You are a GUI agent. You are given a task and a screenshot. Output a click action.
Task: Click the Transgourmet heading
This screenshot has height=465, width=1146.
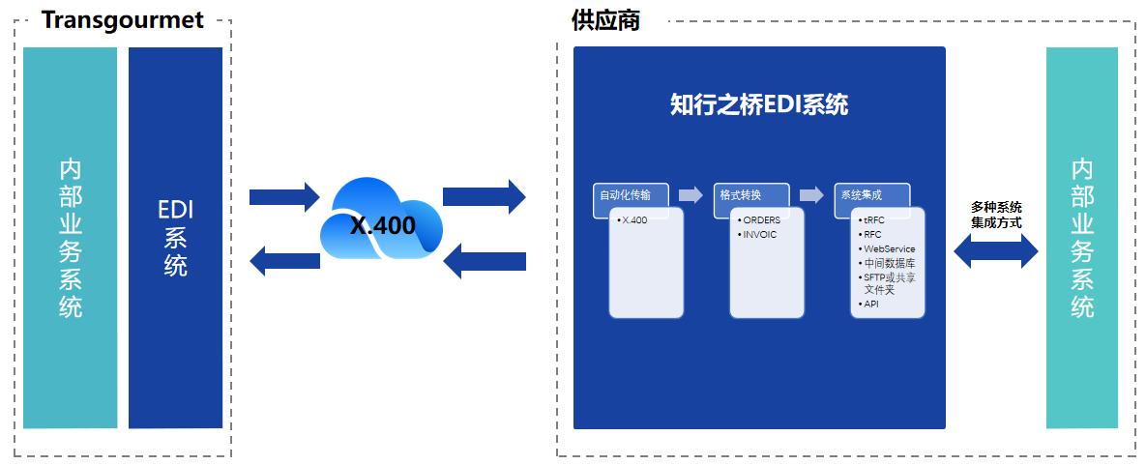point(122,20)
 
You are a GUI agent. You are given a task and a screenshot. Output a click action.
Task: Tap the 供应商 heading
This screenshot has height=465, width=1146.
point(605,20)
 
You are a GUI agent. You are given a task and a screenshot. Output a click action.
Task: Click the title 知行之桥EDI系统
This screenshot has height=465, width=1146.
point(759,104)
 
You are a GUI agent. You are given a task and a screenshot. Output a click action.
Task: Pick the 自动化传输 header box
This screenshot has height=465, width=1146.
point(631,195)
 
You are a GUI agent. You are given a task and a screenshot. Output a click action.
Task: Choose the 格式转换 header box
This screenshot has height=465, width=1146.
point(751,195)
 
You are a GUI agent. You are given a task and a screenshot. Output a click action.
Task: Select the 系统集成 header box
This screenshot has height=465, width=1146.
point(871,195)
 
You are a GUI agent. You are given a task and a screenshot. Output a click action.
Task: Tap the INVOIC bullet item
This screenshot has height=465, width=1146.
point(759,234)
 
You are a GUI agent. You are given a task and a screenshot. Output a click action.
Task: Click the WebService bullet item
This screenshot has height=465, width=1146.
point(888,248)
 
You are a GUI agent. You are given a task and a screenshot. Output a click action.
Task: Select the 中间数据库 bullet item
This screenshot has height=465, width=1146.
point(889,262)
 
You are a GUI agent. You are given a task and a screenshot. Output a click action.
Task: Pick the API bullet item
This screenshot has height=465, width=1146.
point(870,304)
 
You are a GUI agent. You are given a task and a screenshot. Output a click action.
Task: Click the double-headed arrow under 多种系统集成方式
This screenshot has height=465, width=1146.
point(995,252)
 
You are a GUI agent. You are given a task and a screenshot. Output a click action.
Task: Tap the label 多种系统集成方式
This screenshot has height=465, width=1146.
point(996,215)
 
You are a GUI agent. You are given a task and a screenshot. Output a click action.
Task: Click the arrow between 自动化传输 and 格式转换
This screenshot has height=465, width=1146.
point(691,195)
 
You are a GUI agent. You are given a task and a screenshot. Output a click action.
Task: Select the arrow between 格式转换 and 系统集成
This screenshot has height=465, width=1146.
point(810,195)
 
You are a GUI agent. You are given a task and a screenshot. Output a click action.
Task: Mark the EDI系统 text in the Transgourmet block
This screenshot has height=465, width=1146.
point(175,238)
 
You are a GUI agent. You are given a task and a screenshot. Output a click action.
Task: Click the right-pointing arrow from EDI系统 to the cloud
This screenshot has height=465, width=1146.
point(283,196)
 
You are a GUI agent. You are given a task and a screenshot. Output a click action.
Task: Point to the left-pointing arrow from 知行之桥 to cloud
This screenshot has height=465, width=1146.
point(485,261)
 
